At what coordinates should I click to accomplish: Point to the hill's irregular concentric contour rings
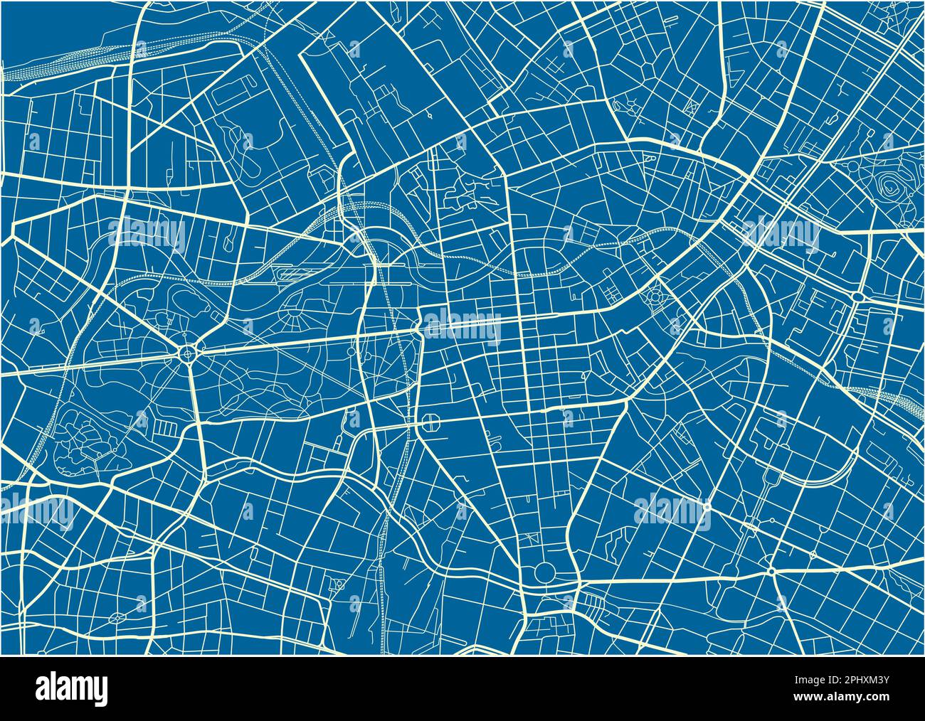click(890, 188)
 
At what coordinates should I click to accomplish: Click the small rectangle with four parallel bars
click(164, 427)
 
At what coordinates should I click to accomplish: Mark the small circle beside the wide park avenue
click(351, 351)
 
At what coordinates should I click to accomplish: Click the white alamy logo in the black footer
click(71, 689)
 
